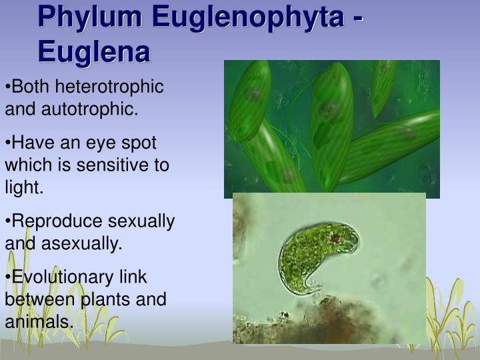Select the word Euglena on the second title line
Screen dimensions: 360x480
point(94,51)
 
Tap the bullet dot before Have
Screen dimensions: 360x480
point(8,143)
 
